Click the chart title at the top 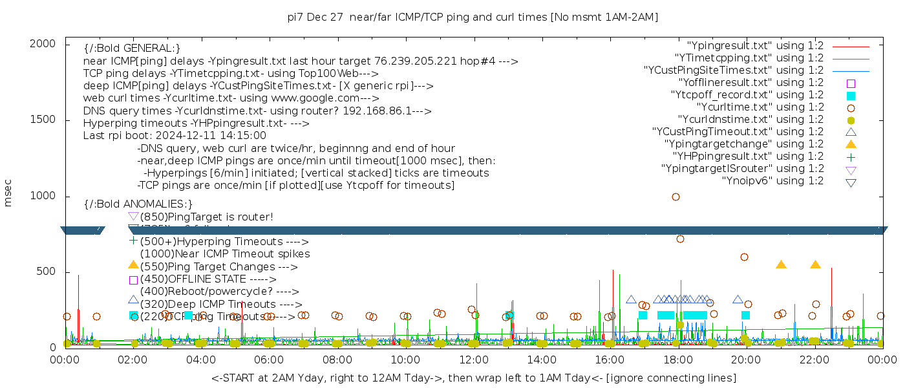tap(473, 17)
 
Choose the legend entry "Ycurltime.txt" tap(760, 107)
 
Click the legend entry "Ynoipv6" tap(772, 181)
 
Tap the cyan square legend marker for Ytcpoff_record tap(851, 96)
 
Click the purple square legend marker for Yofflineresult tap(851, 83)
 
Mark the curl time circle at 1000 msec tap(676, 197)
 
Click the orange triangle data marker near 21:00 tap(781, 264)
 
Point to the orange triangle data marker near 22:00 tap(815, 264)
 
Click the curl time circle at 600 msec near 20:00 tap(744, 257)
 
